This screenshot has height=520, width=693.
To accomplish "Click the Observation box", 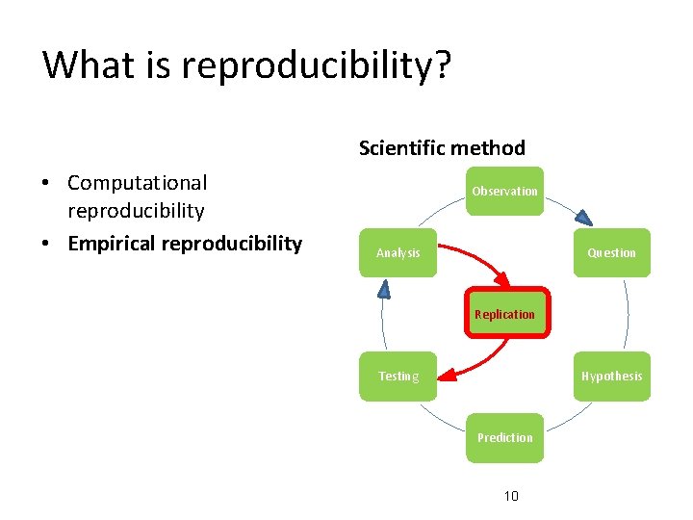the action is click(504, 191).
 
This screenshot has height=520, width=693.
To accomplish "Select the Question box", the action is click(611, 252).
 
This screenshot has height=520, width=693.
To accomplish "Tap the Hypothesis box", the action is click(611, 376).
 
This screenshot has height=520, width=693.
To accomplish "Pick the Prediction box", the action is click(504, 437).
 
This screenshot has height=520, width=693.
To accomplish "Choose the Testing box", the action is click(398, 376).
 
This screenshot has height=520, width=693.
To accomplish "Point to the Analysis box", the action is click(398, 252).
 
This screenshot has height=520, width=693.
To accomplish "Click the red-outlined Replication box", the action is click(506, 313).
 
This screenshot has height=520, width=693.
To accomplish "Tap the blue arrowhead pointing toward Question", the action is click(582, 217).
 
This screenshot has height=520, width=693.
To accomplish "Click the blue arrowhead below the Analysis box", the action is click(384, 286).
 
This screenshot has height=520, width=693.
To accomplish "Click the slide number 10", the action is click(511, 496).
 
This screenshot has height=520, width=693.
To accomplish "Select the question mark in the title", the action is click(442, 65).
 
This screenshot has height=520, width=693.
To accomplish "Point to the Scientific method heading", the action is click(442, 148).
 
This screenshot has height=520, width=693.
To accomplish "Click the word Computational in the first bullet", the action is click(137, 182).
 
